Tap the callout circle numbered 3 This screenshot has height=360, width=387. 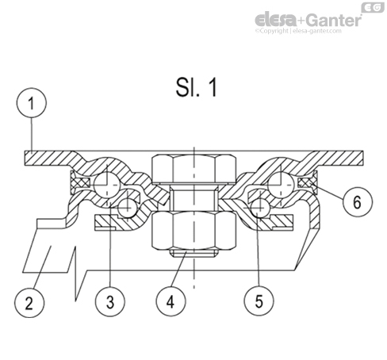coord(110,302)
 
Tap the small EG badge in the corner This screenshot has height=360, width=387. coord(373,7)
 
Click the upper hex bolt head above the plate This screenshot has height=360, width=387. coord(190,168)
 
